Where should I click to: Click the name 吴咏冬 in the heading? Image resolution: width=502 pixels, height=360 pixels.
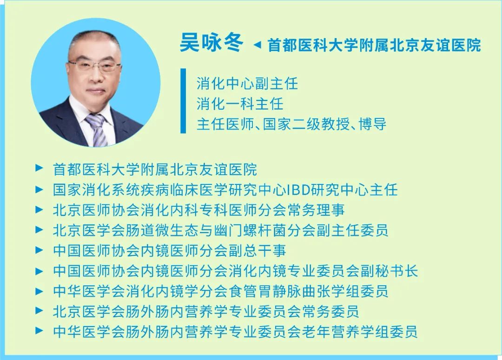(x=211, y=42)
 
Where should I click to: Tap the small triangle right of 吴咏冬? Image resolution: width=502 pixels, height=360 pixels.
(x=257, y=45)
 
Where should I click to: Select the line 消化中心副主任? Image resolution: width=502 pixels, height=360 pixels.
(x=247, y=84)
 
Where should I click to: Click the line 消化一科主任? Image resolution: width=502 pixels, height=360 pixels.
(x=240, y=104)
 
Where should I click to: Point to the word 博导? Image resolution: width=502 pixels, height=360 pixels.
(x=373, y=124)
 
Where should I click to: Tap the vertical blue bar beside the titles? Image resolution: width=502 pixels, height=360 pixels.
(x=183, y=100)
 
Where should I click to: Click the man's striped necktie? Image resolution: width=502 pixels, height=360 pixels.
(x=98, y=130)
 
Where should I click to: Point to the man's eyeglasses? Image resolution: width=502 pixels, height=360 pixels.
(x=95, y=66)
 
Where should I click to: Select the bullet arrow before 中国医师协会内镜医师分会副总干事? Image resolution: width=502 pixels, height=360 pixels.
(x=39, y=250)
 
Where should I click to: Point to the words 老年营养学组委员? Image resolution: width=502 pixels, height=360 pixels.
(x=359, y=332)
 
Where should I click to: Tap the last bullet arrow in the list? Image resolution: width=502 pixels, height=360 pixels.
(x=39, y=330)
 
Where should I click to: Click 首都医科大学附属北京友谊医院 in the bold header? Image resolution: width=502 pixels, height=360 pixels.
(x=374, y=45)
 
